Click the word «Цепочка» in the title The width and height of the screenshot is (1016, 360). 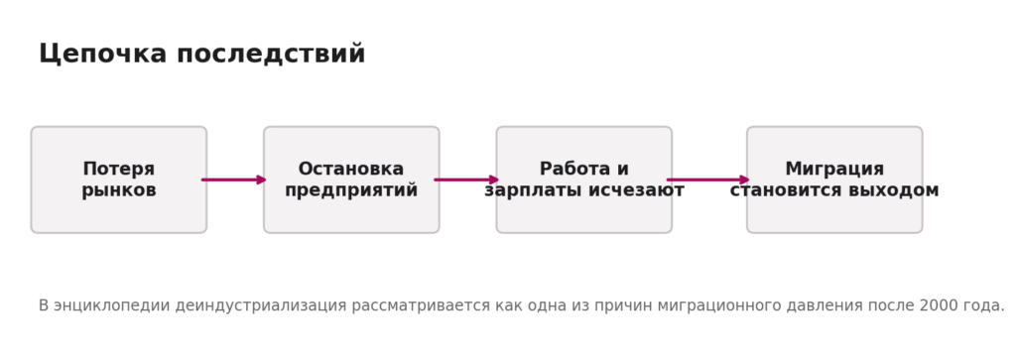(103, 54)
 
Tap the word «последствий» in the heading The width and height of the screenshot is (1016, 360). (271, 54)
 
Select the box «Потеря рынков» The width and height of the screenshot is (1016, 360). (119, 180)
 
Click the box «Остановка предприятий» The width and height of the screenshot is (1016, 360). (351, 180)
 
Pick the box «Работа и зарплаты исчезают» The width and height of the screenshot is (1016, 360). (583, 180)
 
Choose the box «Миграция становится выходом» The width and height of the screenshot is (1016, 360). (834, 180)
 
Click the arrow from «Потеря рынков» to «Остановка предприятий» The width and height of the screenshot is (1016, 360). (234, 180)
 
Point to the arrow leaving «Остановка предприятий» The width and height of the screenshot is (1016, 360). (466, 180)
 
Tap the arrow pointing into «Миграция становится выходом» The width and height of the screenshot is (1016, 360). (708, 180)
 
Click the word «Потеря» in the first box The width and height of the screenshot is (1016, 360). (119, 169)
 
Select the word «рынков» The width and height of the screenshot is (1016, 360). (119, 190)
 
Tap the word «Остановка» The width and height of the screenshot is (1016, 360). (351, 169)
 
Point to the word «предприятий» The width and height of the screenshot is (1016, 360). (351, 190)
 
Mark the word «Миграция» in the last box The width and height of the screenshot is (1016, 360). (834, 169)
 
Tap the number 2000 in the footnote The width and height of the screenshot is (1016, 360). (937, 305)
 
